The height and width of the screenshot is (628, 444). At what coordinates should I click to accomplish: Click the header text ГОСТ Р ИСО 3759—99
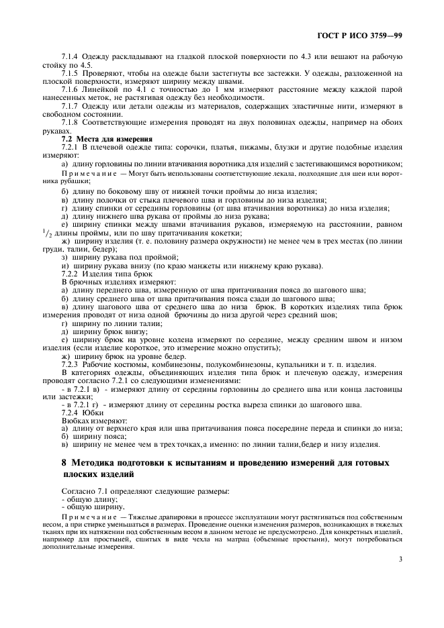coord(364,35)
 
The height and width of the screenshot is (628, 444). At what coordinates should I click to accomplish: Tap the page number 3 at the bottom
coord(400,559)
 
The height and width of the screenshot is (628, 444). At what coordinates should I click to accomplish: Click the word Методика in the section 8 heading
coord(96,464)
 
